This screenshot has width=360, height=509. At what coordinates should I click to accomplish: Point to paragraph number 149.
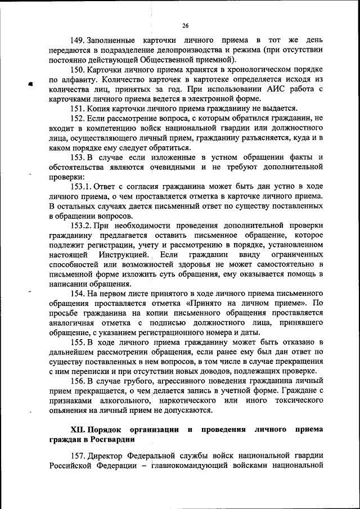[x=77, y=41]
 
